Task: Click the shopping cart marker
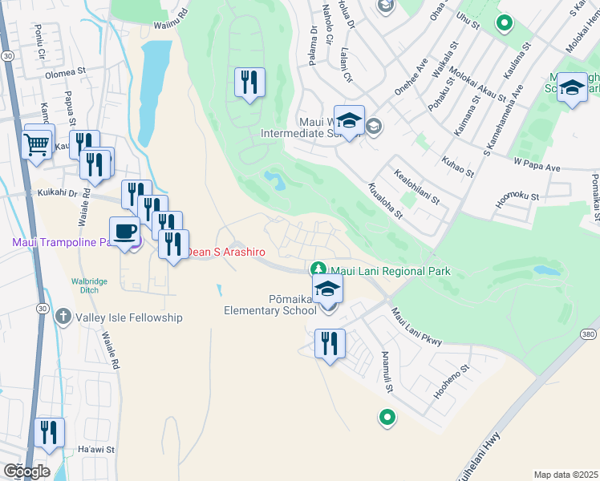tap(36, 145)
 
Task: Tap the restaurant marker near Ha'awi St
tap(50, 432)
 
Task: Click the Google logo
tap(26, 471)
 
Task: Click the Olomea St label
tap(66, 72)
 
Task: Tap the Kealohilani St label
tap(418, 185)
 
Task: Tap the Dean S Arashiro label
tap(221, 252)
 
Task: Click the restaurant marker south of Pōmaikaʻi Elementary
tap(330, 343)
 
